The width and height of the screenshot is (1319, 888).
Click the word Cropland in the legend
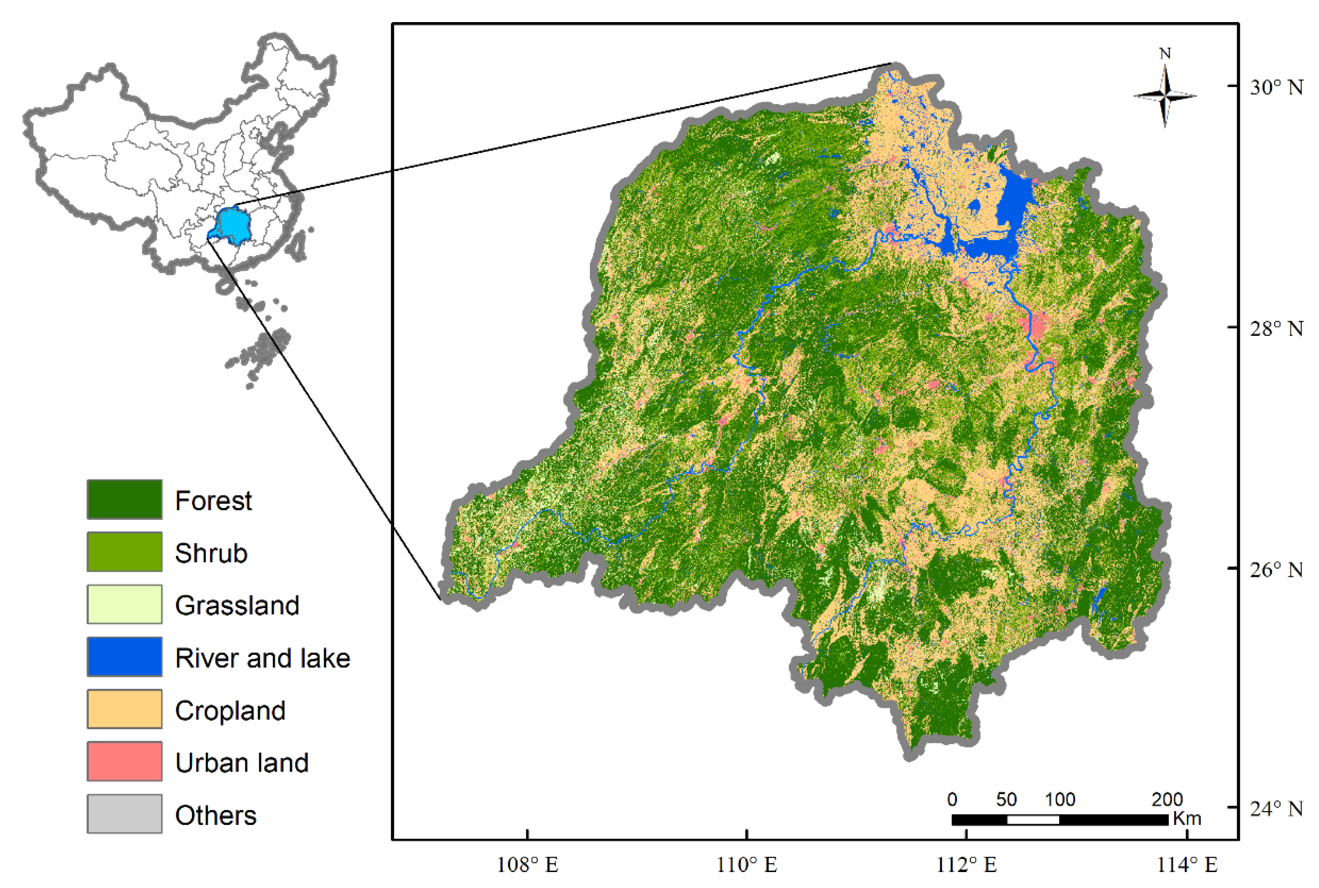230,710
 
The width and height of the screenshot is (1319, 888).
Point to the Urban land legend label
241,762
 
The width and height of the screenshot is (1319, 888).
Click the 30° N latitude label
1276,87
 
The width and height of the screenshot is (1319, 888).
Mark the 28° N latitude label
1276,328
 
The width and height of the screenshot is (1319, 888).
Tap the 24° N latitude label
1276,809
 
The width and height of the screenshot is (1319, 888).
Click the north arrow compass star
1164,96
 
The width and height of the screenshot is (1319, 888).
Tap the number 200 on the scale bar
1167,799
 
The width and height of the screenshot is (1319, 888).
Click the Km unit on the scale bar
1186,818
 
